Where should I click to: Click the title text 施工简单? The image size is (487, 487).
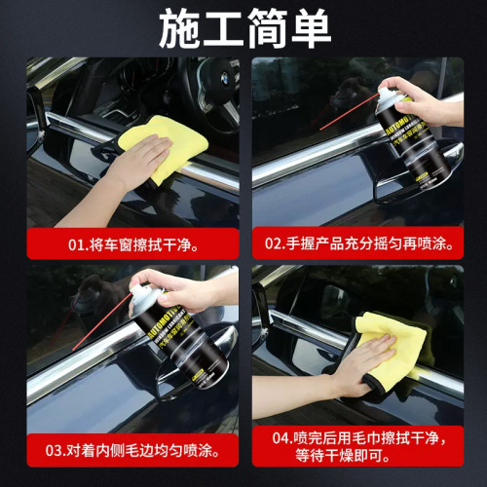click(243, 28)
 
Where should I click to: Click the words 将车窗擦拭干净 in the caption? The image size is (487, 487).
click(143, 243)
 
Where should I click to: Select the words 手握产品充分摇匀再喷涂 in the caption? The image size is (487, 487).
click(368, 243)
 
